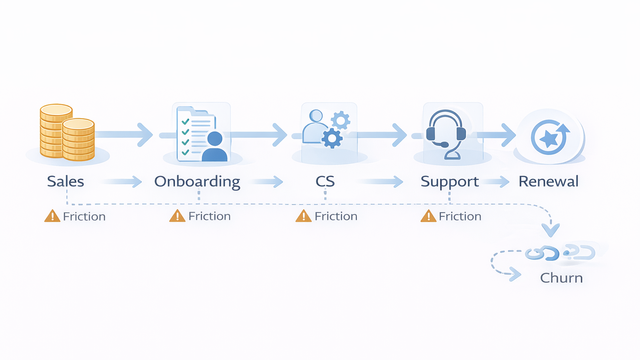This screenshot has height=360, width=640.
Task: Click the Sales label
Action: pyautogui.click(x=65, y=182)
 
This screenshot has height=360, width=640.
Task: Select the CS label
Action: pyautogui.click(x=325, y=182)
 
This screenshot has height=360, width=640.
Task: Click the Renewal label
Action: pyautogui.click(x=548, y=182)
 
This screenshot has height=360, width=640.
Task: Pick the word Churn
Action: pyautogui.click(x=561, y=278)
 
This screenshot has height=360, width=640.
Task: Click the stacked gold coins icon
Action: pyautogui.click(x=67, y=132)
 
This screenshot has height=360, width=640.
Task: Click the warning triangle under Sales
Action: pyautogui.click(x=52, y=216)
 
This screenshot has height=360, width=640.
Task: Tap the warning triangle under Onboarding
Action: pyautogui.click(x=177, y=216)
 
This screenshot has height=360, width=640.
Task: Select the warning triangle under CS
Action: pyautogui.click(x=303, y=216)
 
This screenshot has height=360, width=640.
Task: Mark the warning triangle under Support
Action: pyautogui.click(x=428, y=216)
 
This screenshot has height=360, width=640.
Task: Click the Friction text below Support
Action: pyautogui.click(x=460, y=216)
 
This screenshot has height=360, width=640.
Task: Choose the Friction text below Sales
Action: pyautogui.click(x=84, y=217)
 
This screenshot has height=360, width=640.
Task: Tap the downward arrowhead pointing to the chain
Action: pyautogui.click(x=550, y=230)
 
